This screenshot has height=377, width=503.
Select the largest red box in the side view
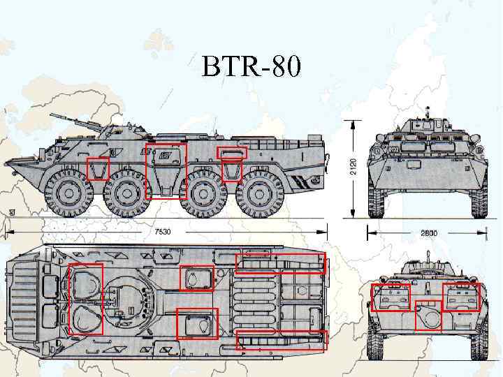click(166, 171)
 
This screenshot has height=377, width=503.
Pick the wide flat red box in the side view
click(232, 152)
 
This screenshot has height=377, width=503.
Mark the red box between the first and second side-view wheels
click(98, 169)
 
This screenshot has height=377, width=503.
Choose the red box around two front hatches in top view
click(86, 299)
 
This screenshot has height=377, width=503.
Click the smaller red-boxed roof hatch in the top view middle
click(196, 278)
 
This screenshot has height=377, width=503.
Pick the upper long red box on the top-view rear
click(281, 264)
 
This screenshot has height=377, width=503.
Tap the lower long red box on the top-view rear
click(282, 339)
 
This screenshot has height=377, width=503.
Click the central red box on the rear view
click(428, 314)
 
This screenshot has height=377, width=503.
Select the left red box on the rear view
click(391, 297)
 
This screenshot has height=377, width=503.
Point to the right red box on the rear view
click(461, 297)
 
